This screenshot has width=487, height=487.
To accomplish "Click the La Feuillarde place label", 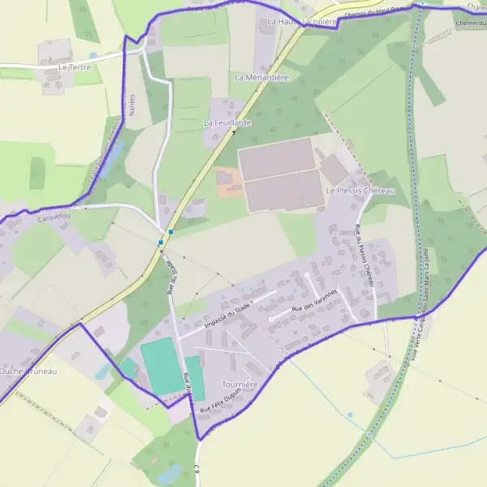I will [227, 123].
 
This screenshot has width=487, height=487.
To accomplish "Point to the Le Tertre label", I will [75, 67].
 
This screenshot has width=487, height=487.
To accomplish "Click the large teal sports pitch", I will [162, 367].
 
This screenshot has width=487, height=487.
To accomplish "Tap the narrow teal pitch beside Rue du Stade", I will [194, 377].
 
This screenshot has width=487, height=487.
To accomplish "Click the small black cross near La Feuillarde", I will [235, 131].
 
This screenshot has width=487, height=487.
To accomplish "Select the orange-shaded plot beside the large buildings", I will [229, 183].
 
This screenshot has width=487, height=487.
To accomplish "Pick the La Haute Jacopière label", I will [301, 21].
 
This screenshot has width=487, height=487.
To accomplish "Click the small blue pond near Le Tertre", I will [93, 56].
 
